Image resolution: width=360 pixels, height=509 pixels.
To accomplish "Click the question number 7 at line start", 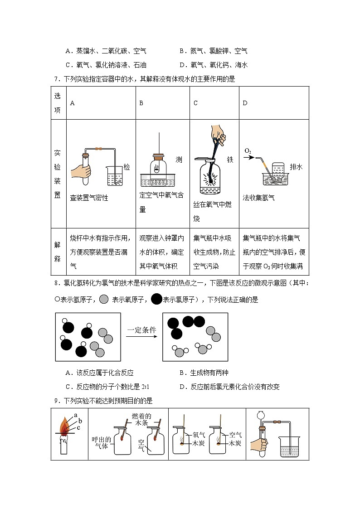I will tap(55, 79).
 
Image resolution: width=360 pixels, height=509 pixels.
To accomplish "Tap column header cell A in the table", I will tap(73, 103).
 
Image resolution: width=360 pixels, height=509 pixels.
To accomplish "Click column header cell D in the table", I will tap(245, 103).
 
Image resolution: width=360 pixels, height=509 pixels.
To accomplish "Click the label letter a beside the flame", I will tap(76, 415).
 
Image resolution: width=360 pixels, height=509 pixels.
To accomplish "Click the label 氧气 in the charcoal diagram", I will tap(199, 434).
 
